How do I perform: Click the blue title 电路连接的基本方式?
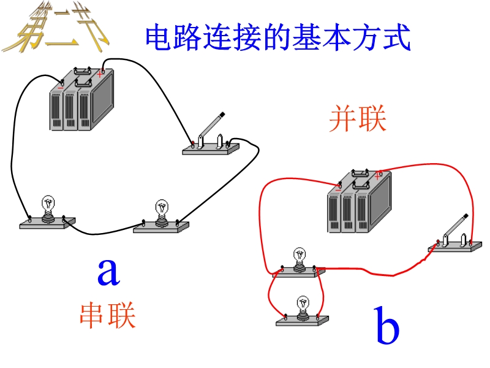click(277, 38)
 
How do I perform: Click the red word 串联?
click(107, 315)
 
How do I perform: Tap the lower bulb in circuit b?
click(303, 309)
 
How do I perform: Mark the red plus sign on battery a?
click(99, 74)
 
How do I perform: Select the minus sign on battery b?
click(337, 189)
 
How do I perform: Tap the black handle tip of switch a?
click(223, 114)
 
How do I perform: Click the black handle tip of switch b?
click(467, 216)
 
